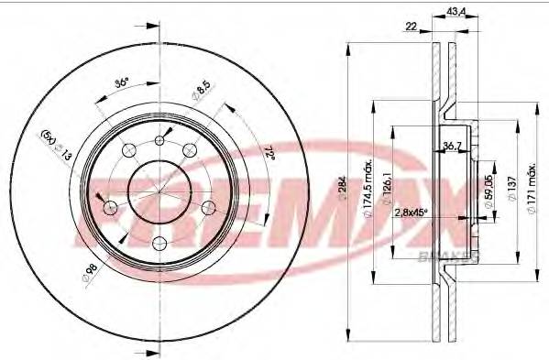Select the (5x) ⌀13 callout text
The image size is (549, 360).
tap(56, 146)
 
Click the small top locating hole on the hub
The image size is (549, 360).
tap(160, 139)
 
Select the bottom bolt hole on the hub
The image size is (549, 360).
tap(159, 242)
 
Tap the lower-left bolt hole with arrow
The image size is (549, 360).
tap(111, 206)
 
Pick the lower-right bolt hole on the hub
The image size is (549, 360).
tap(208, 206)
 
